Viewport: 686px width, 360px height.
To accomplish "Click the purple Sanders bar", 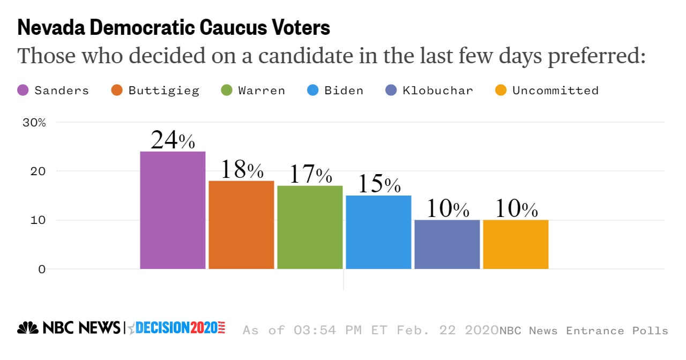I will [x=173, y=210].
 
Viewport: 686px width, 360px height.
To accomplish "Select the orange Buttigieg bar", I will [x=241, y=225].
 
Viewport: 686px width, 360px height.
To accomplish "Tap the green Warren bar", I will [x=310, y=227].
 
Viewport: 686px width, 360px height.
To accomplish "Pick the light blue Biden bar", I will [x=378, y=232].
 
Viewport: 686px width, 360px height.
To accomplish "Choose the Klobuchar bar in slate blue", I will [x=447, y=244].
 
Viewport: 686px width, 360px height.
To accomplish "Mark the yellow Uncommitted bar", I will [x=516, y=244].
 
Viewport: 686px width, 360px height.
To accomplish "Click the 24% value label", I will [x=173, y=140].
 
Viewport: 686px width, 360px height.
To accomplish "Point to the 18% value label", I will [x=241, y=170].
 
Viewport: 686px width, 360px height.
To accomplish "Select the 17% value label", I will [x=310, y=175].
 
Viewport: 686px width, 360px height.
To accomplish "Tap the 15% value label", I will [x=378, y=184].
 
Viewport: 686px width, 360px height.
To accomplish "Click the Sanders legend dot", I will [x=23, y=91].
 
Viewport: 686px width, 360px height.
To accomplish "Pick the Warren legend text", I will [x=262, y=91].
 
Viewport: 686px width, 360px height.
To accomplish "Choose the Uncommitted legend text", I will [x=555, y=91].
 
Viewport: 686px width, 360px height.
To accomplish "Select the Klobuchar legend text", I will [x=438, y=91].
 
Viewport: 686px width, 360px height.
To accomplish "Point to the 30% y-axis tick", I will [x=34, y=122].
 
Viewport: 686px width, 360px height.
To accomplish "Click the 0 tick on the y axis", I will [x=41, y=269].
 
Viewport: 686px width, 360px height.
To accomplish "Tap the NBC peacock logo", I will [x=28, y=327].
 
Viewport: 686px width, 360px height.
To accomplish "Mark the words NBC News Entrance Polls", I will [x=584, y=331].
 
